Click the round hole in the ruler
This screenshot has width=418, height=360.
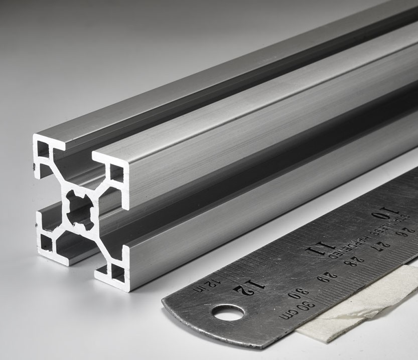click(x=228, y=313)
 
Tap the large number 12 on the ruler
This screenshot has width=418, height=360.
click(x=249, y=288)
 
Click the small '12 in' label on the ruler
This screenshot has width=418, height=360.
click(x=206, y=285)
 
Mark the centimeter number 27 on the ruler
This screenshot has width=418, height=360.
click(x=384, y=246)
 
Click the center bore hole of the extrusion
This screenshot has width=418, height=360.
click(x=80, y=210)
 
